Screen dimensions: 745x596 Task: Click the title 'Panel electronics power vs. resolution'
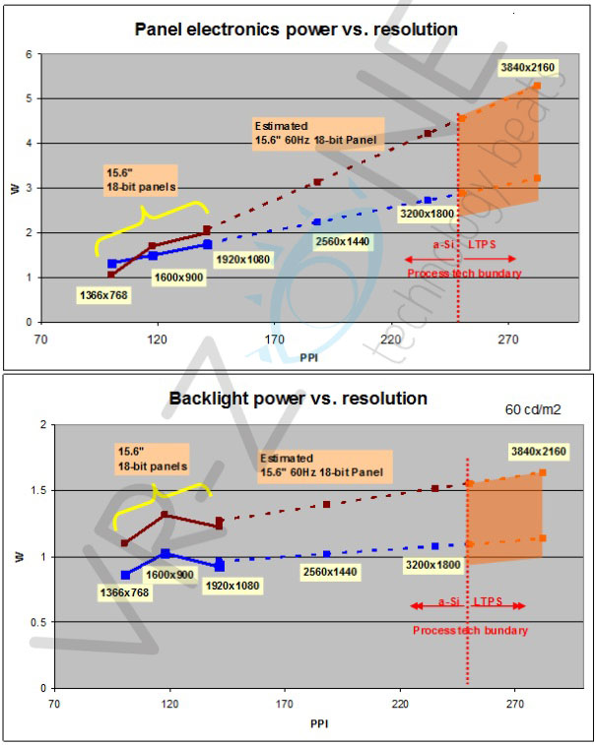[296, 30]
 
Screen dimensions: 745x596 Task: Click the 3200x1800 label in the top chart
[430, 214]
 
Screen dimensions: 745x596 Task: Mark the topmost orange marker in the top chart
[537, 86]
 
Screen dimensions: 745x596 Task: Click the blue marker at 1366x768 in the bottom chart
[125, 575]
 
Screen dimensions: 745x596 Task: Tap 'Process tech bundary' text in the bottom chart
[470, 630]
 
